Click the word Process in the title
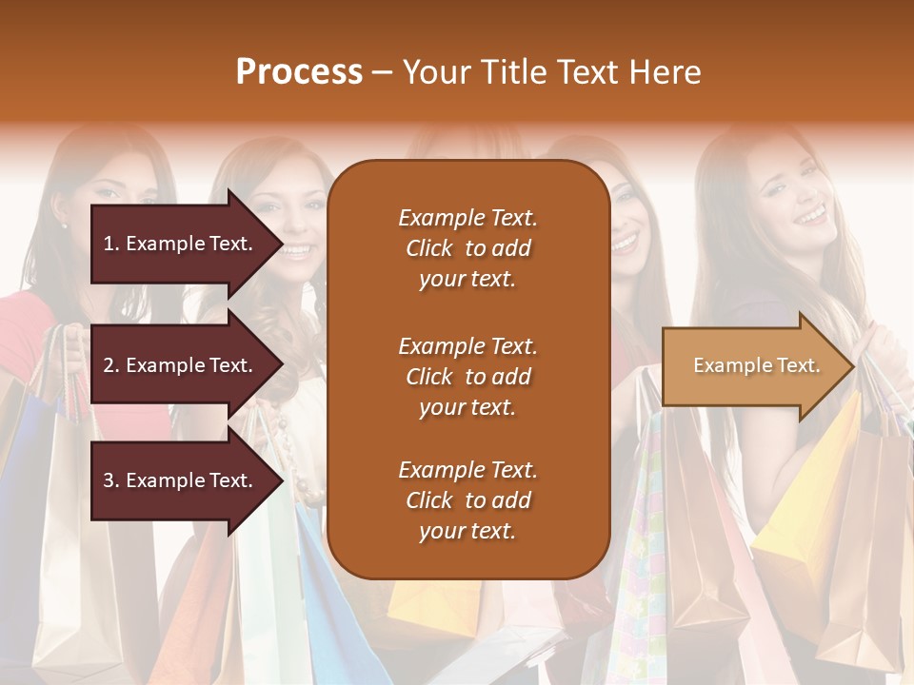pyautogui.click(x=299, y=72)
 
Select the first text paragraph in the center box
pyautogui.click(x=467, y=248)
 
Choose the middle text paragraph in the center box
pyautogui.click(x=467, y=377)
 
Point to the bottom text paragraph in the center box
pyautogui.click(x=467, y=500)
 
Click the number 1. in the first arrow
pyautogui.click(x=111, y=244)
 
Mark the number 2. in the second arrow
pyautogui.click(x=111, y=365)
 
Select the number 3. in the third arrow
pyautogui.click(x=111, y=480)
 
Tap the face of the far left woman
pyautogui.click(x=122, y=186)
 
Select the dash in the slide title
pyautogui.click(x=383, y=73)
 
